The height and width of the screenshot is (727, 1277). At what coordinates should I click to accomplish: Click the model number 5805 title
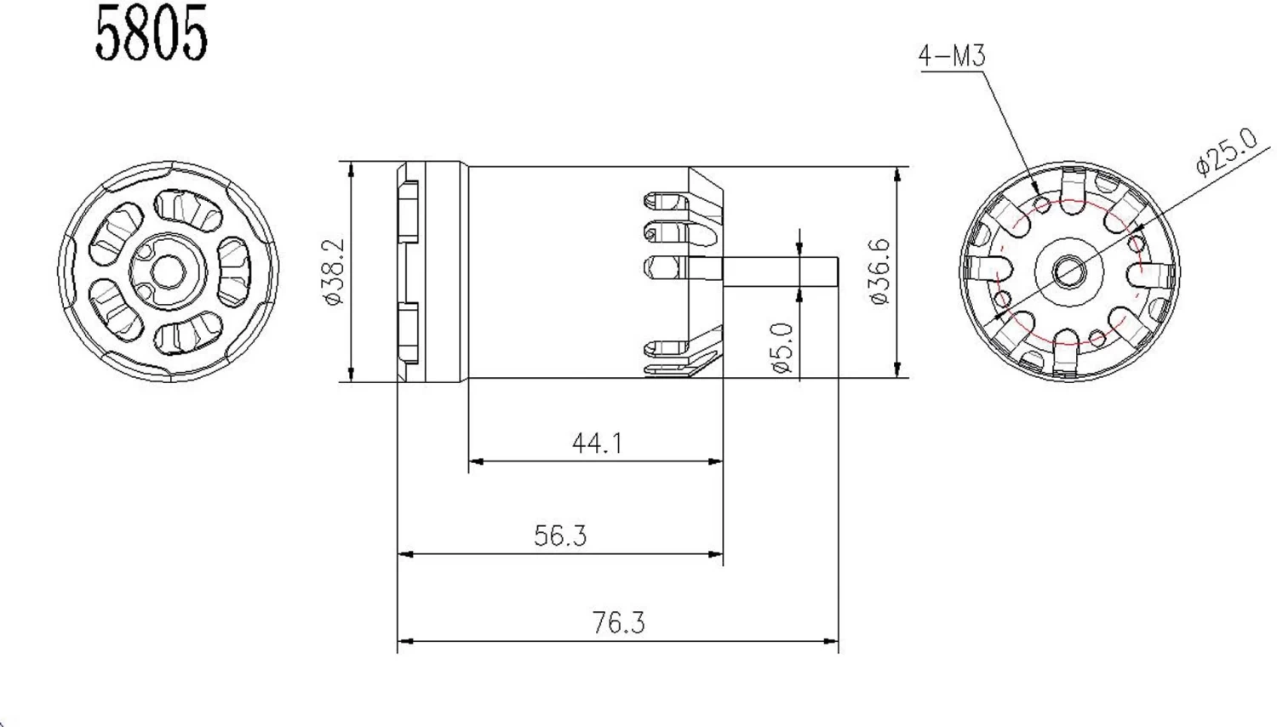tap(151, 34)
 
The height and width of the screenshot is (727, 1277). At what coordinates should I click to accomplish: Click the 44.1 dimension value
tap(597, 444)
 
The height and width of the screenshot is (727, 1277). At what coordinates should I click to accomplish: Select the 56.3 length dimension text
tap(560, 535)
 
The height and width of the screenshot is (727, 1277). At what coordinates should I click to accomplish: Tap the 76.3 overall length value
tap(619, 623)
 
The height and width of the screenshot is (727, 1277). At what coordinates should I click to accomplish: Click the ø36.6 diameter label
tap(879, 272)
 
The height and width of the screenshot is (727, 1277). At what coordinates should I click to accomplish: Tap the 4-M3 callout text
tap(951, 56)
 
